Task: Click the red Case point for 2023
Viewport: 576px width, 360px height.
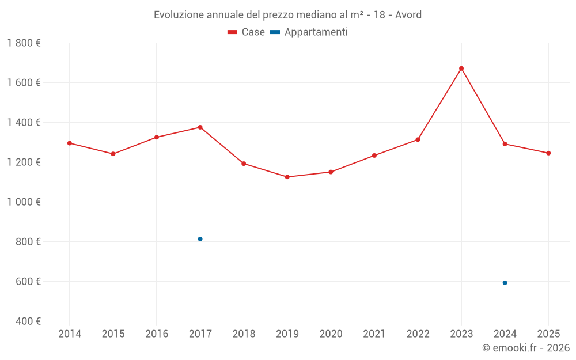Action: pos(461,69)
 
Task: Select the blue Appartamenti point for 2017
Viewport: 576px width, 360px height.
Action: pos(200,239)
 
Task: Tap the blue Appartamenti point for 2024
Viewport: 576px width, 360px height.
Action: pos(505,283)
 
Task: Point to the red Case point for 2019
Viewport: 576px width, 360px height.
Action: pos(287,177)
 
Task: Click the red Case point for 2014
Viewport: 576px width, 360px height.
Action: pos(70,143)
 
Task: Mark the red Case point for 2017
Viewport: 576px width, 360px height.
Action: pos(200,127)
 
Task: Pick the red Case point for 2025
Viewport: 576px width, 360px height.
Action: pos(548,153)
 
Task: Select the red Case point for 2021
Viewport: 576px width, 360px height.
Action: pos(374,156)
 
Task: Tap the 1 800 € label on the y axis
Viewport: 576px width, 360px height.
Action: pos(24,43)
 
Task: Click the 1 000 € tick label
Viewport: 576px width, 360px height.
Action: pos(24,202)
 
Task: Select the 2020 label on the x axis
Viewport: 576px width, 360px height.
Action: pos(331,334)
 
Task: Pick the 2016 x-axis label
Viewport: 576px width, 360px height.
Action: pos(157,334)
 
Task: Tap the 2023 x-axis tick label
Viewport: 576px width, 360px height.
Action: pos(461,334)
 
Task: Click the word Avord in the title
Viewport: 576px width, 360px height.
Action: pos(408,14)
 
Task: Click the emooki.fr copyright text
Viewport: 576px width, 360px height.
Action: pos(526,348)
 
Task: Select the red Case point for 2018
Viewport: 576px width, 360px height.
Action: pos(244,164)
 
